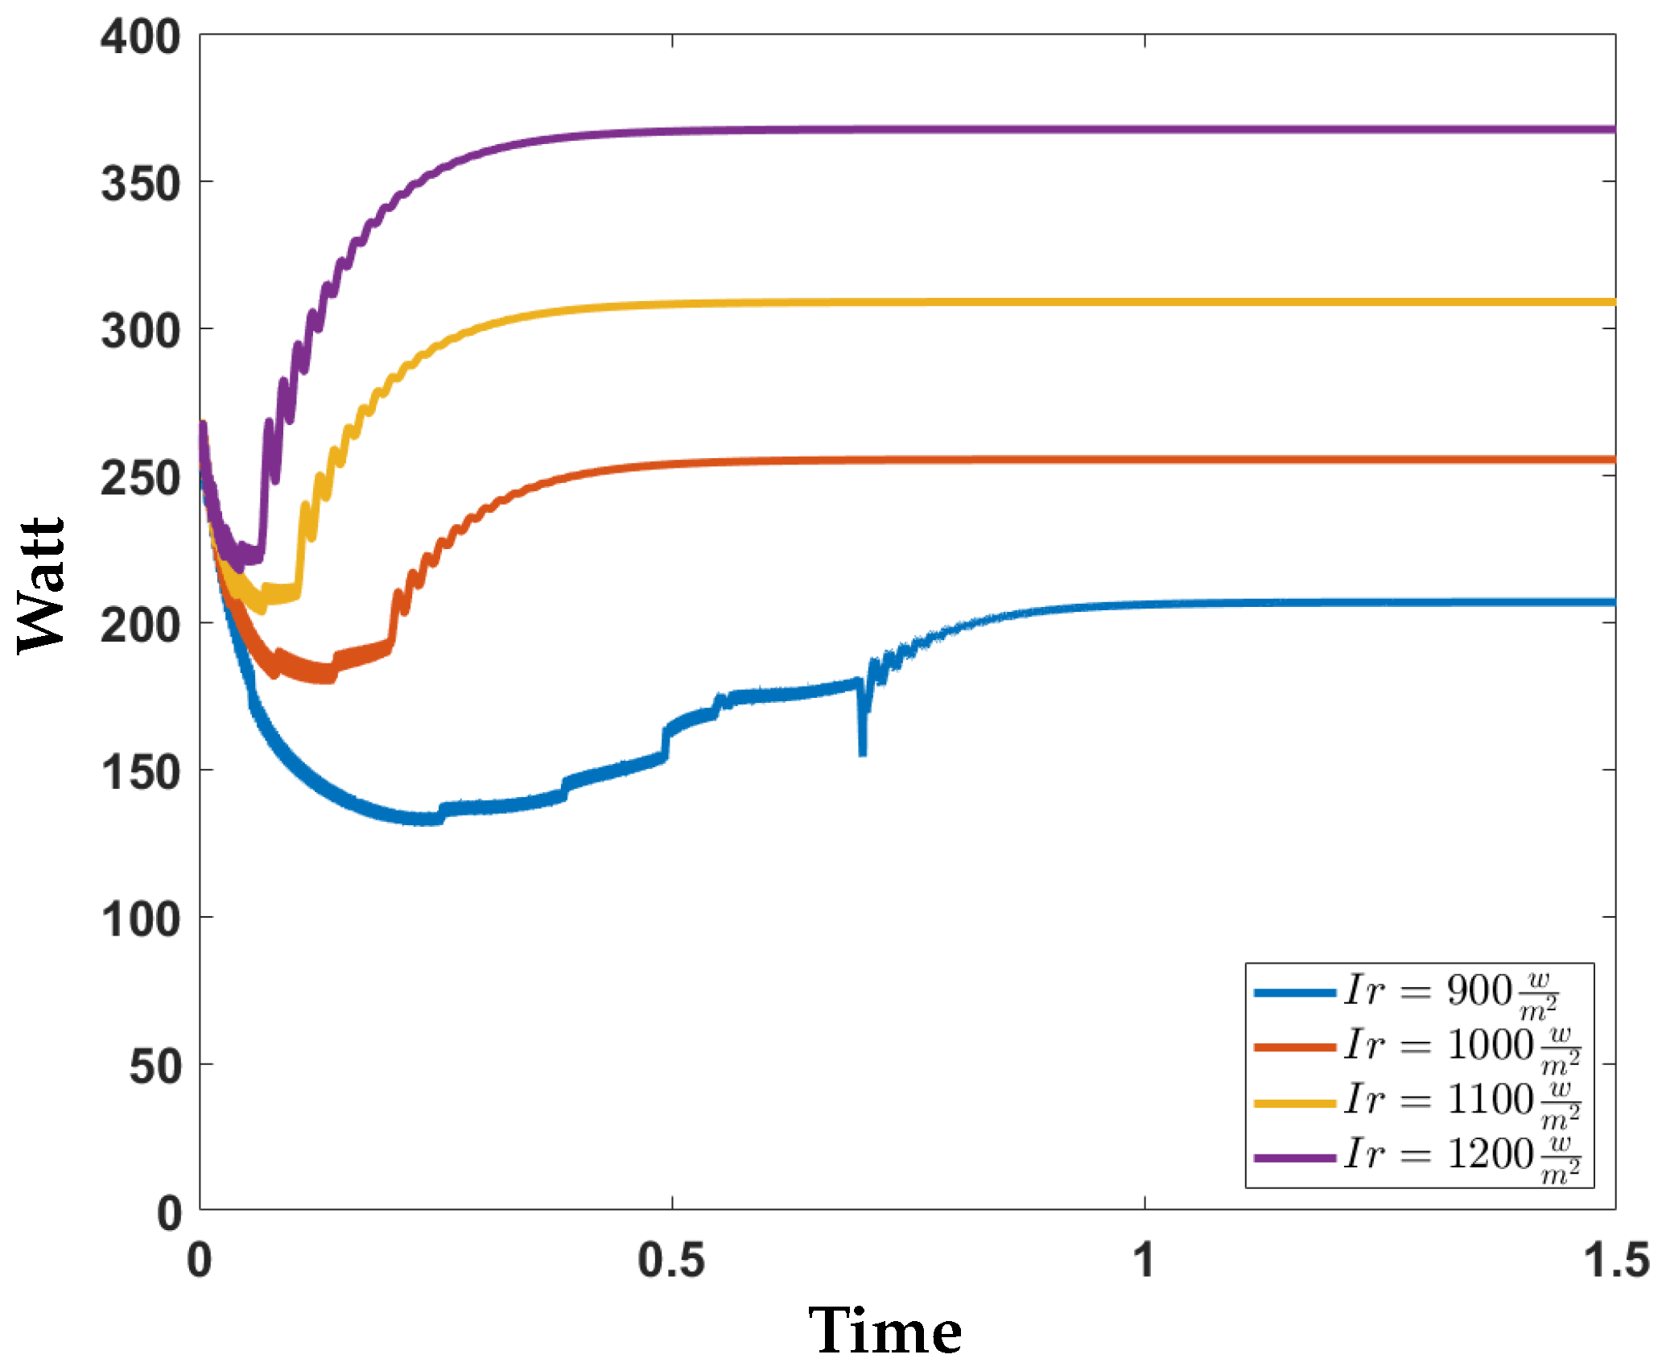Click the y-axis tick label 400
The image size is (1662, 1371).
[x=140, y=38]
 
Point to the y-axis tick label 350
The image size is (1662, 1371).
[x=140, y=184]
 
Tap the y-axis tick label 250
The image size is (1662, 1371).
[x=140, y=478]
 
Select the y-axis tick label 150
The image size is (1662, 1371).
[x=140, y=773]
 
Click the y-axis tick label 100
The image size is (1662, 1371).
[x=140, y=919]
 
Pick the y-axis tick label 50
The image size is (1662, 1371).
[x=155, y=1067]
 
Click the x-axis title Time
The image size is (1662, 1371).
[x=885, y=1332]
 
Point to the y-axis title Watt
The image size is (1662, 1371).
[x=40, y=585]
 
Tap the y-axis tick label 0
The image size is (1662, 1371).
[x=169, y=1214]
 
